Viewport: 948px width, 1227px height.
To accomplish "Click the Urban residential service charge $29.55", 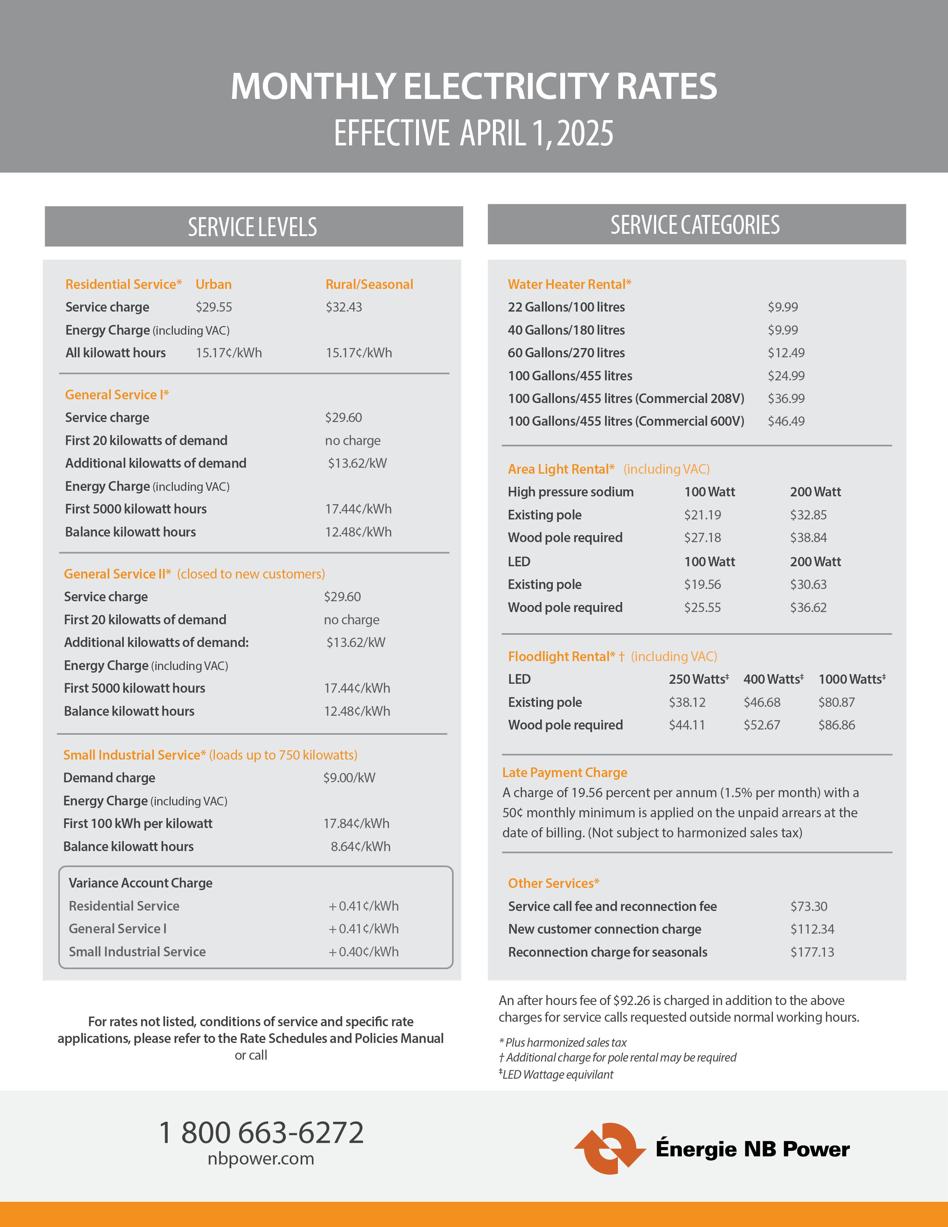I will coord(213,307).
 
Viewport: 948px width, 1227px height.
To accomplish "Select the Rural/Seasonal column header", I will coord(369,284).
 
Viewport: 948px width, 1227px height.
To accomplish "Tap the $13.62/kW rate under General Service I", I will coord(357,464).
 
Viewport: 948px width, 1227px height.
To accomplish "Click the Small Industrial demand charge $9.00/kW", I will coord(349,778).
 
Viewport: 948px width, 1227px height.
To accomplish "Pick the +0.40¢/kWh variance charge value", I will coord(363,952).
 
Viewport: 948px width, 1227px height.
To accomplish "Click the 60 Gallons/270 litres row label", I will coord(566,353).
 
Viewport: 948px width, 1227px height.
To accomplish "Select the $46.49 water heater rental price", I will coord(786,421).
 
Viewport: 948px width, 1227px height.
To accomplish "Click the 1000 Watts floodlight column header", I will coord(851,679).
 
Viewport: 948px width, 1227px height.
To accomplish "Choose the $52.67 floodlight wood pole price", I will coord(761,725).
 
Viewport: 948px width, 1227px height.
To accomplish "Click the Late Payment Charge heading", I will coord(564,773).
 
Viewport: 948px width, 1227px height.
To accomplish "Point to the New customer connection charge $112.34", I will coord(812,929).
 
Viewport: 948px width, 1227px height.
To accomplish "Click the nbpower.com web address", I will coord(261,1159).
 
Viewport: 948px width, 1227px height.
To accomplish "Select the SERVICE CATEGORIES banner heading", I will coord(695,225).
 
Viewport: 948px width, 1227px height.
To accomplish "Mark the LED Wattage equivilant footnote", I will coord(557,1075).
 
